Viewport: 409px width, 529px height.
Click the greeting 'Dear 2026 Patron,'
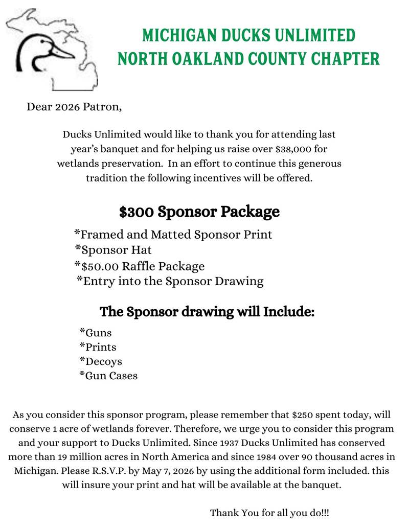click(75, 107)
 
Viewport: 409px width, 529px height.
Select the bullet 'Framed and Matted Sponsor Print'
click(174, 235)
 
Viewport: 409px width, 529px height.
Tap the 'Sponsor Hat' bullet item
click(113, 250)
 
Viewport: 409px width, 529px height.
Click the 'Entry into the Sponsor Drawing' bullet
click(171, 281)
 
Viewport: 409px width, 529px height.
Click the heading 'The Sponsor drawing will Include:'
click(207, 311)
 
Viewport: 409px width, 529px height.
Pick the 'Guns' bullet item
click(96, 333)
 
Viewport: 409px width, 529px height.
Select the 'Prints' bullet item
click(98, 347)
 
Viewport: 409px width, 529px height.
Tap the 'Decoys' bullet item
click(101, 361)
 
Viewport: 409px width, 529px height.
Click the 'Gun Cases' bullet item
click(109, 376)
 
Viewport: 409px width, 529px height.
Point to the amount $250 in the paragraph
click(302, 414)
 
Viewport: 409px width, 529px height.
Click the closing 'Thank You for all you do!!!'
click(273, 512)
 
